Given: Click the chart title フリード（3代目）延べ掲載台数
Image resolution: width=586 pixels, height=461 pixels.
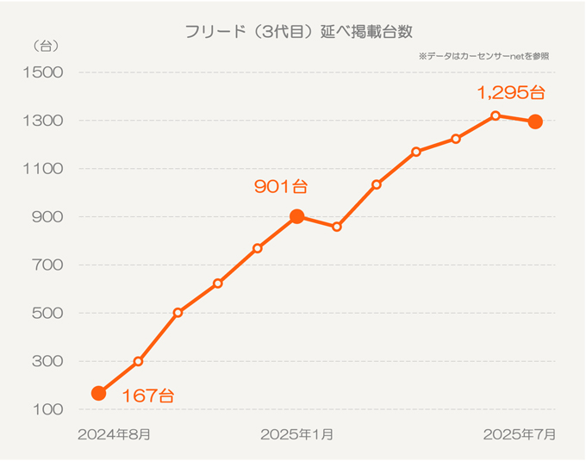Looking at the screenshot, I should click(x=299, y=32).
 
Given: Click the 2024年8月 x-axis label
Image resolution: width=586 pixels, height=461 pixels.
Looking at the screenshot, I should click(x=115, y=434).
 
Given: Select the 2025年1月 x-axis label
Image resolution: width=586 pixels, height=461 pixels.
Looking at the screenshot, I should click(x=297, y=434).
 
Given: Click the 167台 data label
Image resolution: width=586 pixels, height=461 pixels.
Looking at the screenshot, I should click(x=147, y=396).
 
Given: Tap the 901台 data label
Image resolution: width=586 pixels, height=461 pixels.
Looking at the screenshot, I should click(x=281, y=186).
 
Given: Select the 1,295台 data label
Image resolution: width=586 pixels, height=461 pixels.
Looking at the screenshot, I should click(x=512, y=91).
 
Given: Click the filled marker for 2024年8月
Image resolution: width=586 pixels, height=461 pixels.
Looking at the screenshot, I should click(x=99, y=393).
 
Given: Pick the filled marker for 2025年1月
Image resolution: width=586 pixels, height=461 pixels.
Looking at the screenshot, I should click(x=297, y=216).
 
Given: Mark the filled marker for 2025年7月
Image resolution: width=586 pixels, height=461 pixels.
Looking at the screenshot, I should click(x=535, y=121).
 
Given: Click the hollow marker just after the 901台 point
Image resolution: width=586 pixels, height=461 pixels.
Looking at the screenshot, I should click(x=337, y=227).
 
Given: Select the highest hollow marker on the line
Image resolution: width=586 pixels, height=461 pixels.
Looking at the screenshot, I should click(x=496, y=115).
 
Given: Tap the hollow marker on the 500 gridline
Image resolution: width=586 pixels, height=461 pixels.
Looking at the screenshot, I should click(x=178, y=313).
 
